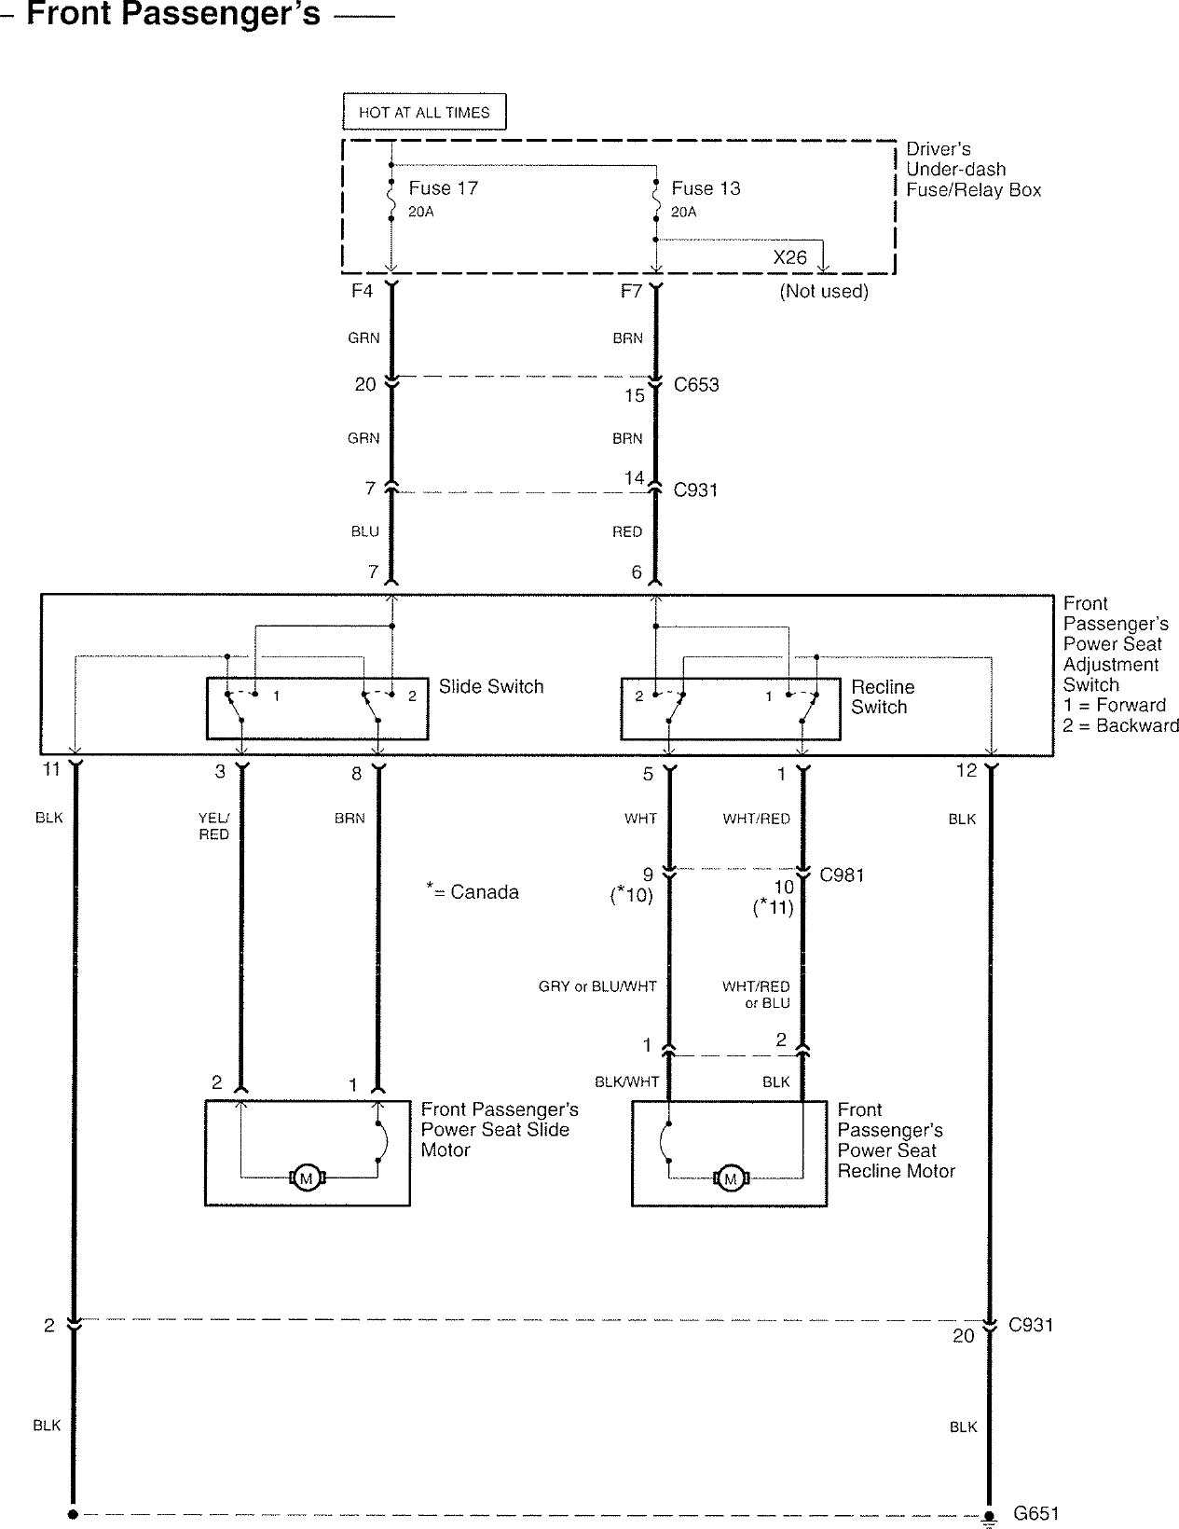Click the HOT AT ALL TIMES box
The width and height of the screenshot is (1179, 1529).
(424, 112)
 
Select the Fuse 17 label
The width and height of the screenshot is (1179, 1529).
(444, 188)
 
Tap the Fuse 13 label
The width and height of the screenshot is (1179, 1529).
(706, 188)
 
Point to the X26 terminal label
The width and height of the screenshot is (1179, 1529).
(790, 257)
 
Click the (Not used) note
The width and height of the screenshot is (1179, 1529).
(824, 291)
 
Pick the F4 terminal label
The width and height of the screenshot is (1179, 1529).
(362, 291)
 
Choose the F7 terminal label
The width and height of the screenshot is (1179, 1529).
(631, 291)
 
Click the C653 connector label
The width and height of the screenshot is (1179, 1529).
(696, 385)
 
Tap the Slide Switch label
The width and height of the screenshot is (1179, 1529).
(491, 686)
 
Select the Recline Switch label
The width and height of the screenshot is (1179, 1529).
(883, 696)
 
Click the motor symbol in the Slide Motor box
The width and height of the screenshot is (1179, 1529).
(306, 1178)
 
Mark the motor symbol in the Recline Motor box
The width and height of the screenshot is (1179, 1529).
(730, 1178)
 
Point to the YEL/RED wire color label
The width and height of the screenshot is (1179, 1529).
(213, 826)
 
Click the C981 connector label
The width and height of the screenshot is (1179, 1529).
(842, 875)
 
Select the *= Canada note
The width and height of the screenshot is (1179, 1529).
(473, 890)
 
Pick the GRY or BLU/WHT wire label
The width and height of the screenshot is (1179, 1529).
(597, 986)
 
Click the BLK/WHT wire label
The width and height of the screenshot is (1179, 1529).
(627, 1081)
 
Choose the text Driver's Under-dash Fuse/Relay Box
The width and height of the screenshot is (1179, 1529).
(974, 170)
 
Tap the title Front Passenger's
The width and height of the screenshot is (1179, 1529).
(173, 13)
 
